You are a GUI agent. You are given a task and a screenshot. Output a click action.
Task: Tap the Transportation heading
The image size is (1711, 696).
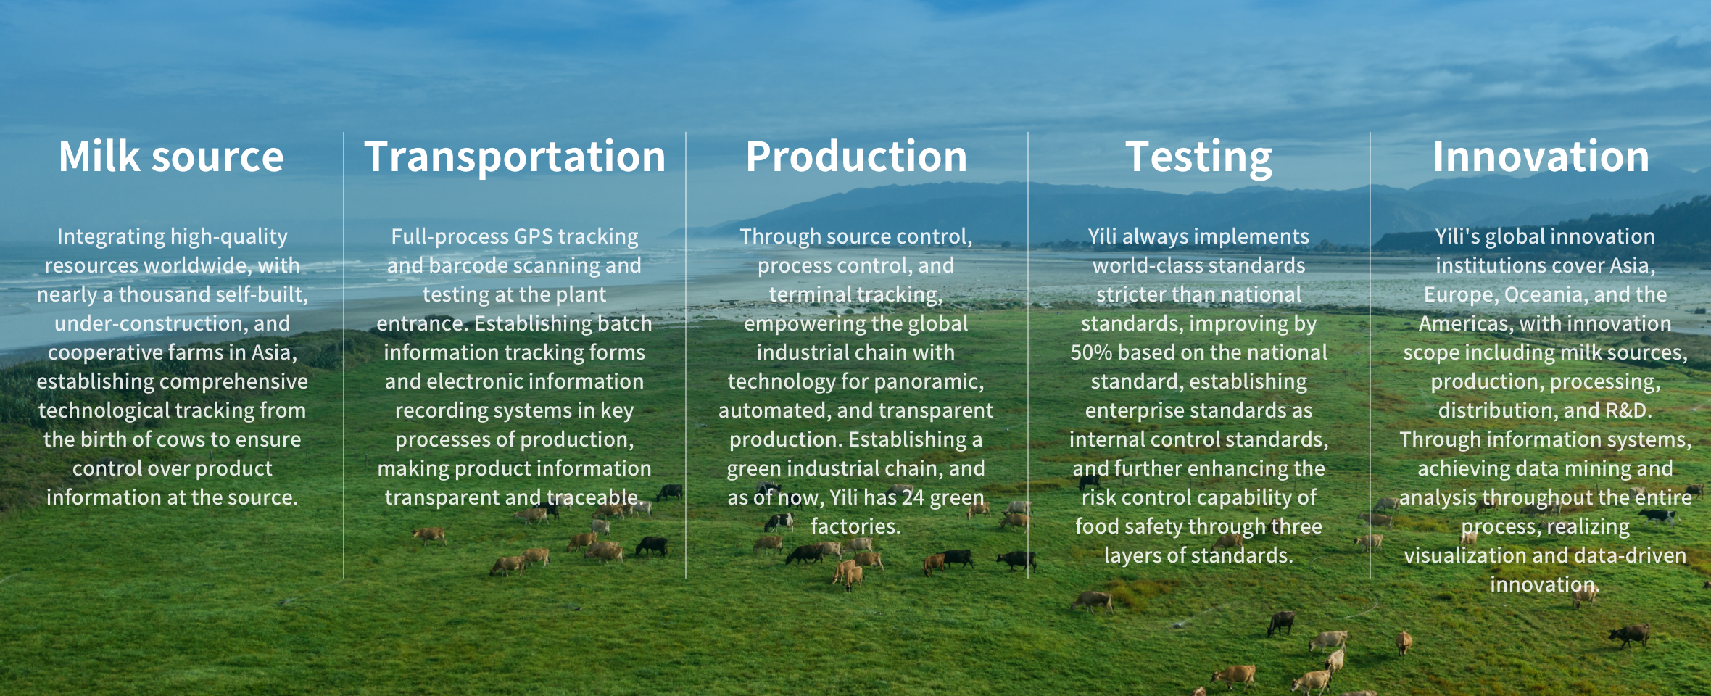click(x=515, y=157)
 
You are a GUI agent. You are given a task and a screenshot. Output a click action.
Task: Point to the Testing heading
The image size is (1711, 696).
click(x=1198, y=158)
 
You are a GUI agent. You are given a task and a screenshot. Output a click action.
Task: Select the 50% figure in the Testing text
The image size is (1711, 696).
click(x=1091, y=352)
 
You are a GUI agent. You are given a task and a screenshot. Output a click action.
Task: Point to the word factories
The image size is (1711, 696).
click(x=855, y=526)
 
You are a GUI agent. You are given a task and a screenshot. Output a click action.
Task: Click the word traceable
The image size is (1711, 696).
click(x=595, y=497)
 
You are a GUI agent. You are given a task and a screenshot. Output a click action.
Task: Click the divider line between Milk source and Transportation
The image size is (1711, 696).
click(x=344, y=355)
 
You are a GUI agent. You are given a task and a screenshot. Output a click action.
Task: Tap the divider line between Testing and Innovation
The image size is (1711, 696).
click(x=1370, y=355)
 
